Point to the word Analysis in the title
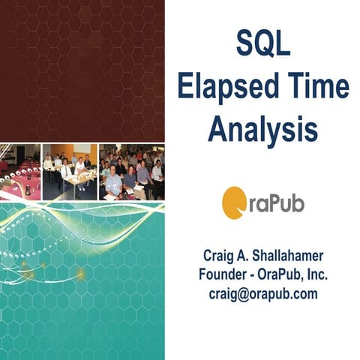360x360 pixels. (262, 129)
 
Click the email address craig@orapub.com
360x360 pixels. (262, 294)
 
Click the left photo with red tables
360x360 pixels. (19, 172)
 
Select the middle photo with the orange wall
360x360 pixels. (70, 172)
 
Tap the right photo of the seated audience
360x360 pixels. (131, 172)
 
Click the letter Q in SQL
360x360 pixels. (261, 47)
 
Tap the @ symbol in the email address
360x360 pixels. (242, 294)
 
